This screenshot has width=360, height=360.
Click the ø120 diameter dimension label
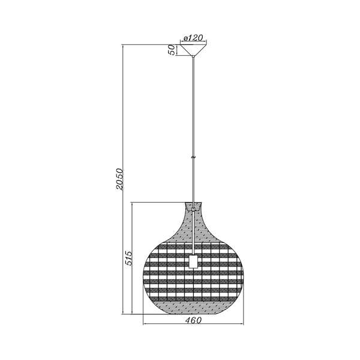(x=193, y=38)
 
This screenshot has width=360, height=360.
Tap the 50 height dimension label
(x=172, y=50)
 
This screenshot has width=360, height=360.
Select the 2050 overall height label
(x=119, y=179)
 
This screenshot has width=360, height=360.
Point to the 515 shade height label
(x=129, y=258)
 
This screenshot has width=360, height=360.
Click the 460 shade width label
(x=193, y=320)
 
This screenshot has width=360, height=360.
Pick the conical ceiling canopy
(x=193, y=50)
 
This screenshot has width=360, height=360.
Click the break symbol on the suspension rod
(x=193, y=157)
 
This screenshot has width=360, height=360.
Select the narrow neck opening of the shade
(x=193, y=205)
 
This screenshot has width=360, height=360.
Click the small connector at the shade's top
(x=193, y=209)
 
